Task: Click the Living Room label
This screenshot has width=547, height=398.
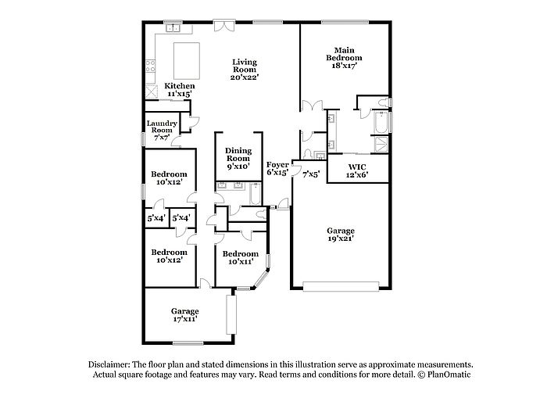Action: coord(245,70)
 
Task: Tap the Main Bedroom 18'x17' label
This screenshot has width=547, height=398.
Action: coord(344,58)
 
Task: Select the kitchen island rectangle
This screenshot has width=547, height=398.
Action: coord(187,61)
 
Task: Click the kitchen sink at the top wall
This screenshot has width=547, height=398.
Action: coord(173,28)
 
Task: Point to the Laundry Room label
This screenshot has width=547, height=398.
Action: coord(162,131)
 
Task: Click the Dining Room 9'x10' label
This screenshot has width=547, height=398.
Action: coord(238,159)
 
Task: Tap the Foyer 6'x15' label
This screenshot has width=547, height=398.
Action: coord(277,168)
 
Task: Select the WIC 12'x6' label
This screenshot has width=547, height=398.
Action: coord(357,171)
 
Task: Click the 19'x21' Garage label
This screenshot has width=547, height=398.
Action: coord(341,235)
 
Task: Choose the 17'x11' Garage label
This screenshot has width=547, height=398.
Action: coord(185,315)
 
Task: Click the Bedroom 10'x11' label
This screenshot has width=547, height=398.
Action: coord(241,258)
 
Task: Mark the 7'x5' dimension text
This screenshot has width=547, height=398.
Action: coord(311,174)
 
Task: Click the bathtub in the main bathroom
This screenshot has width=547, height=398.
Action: coord(381,122)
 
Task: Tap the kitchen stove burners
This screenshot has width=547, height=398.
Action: coord(151,66)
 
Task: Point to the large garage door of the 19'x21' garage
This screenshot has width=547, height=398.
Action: coord(341,286)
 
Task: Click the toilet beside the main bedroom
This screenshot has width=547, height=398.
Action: coord(383,102)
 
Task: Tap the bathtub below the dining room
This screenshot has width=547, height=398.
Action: coord(256,194)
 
